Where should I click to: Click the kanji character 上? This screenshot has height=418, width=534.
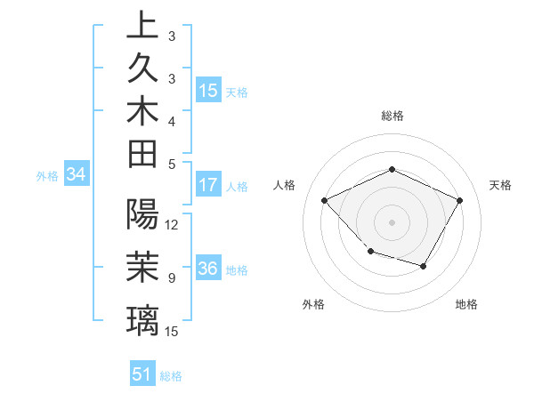click(142, 25)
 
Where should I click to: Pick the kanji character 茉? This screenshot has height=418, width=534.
click(142, 267)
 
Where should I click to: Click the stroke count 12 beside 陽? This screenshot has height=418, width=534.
click(172, 225)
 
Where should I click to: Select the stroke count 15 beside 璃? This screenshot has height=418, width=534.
click(172, 332)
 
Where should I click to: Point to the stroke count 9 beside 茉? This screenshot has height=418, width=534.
click(172, 278)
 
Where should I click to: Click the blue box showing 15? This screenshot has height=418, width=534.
click(208, 90)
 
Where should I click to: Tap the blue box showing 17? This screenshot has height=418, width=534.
click(208, 185)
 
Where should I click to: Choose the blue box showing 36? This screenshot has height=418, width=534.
click(208, 269)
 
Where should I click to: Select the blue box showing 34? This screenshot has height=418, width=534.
click(77, 174)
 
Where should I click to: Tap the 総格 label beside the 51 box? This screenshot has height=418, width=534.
click(171, 376)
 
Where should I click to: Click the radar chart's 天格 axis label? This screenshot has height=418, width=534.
click(500, 185)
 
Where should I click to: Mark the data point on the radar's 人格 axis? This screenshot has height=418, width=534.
click(325, 201)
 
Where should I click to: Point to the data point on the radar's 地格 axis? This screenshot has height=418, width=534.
click(424, 266)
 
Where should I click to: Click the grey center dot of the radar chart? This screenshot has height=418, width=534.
click(392, 221)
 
